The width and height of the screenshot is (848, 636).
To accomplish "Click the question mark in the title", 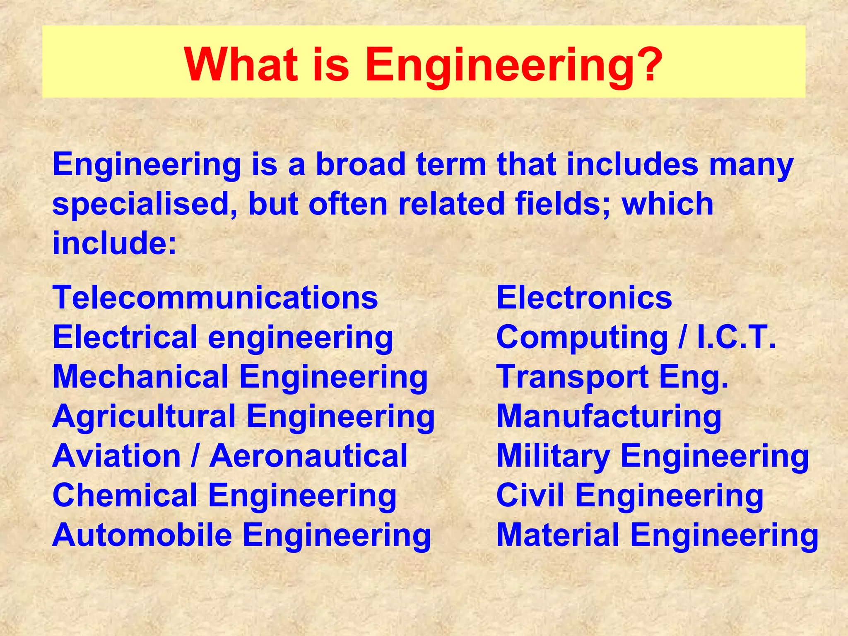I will tap(646, 64).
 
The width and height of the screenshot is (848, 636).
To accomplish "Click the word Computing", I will tap(582, 338).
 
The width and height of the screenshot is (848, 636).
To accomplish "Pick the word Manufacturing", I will tap(609, 417).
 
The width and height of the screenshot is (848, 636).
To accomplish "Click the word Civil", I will tap(530, 495).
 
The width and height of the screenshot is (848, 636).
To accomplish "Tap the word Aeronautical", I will tap(308, 456).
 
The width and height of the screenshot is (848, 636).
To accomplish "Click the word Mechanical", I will tap(141, 377).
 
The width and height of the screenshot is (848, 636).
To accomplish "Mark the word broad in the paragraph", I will tap(361, 164).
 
